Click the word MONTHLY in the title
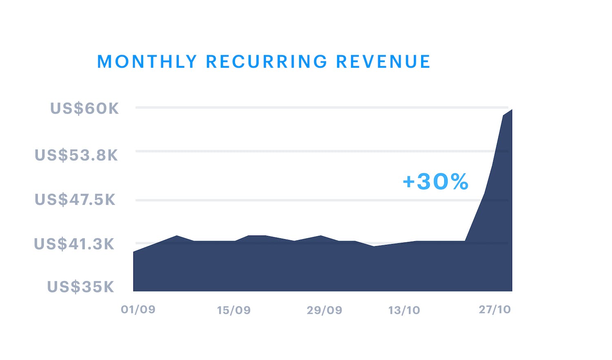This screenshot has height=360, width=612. [147, 62]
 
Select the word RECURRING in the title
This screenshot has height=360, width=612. [266, 62]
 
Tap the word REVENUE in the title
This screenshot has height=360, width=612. [383, 62]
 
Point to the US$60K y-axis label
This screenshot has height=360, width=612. [84, 109]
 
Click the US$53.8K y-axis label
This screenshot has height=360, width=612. [76, 156]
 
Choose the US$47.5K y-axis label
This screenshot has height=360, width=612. [75, 200]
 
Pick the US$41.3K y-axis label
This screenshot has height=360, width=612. [74, 244]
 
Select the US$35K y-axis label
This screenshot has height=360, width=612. [81, 287]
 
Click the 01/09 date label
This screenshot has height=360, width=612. [138, 309]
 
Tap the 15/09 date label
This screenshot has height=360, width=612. [234, 310]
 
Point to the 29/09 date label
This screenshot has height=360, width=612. [324, 310]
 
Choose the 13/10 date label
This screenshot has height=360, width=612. [404, 310]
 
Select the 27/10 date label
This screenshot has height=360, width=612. [494, 309]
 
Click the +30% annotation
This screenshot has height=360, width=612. [435, 182]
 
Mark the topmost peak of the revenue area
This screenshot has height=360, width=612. [511, 110]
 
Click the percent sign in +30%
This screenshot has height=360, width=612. [457, 182]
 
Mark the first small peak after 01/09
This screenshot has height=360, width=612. [177, 236]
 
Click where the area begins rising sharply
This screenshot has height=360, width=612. [465, 241]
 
